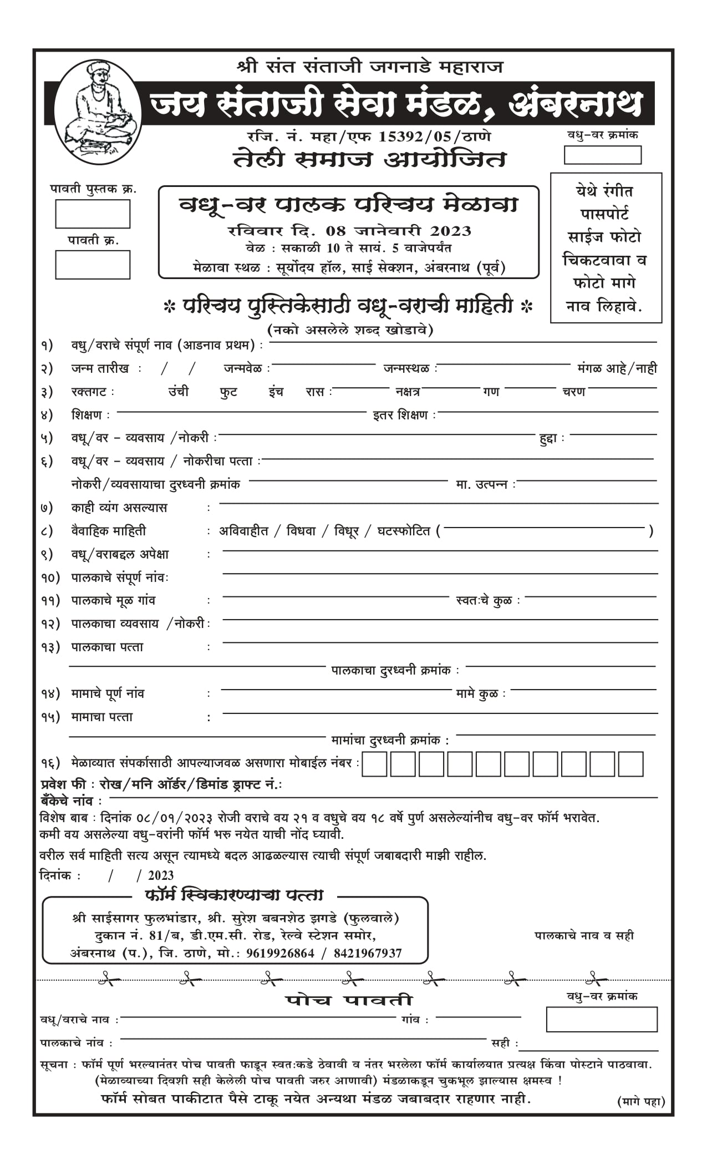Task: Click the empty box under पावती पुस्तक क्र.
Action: point(93,214)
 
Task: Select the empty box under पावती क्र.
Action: point(93,265)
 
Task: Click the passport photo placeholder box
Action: point(606,247)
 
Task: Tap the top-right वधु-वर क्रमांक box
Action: point(603,155)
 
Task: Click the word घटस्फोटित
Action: point(404,531)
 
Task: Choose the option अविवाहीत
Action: point(243,531)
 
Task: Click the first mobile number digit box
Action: point(374,764)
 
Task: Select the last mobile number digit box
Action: point(630,764)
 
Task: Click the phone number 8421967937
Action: point(368,953)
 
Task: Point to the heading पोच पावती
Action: point(349,1000)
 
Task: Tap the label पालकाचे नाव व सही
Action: point(584,935)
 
